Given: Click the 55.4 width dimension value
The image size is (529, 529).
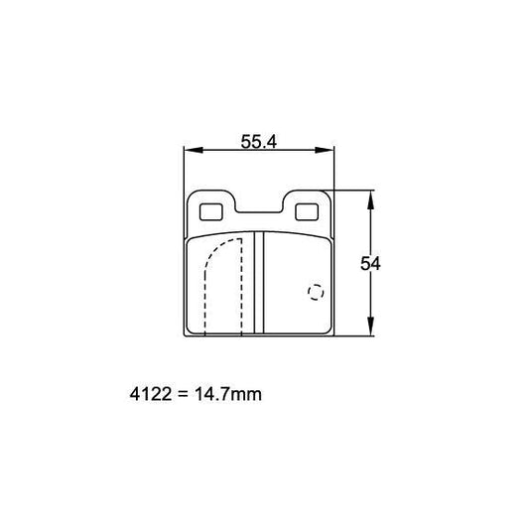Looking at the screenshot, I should point(258,142).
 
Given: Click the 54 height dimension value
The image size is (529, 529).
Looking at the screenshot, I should point(370,263).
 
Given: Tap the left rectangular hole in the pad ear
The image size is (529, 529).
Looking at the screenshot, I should point(210,211).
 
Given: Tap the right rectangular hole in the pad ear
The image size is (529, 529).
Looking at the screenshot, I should point(309,211).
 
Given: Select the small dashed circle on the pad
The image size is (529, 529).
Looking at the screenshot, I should point(316,292).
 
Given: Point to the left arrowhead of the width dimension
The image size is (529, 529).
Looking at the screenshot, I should point(193,151).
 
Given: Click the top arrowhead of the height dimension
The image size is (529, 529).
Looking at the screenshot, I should point(370,197).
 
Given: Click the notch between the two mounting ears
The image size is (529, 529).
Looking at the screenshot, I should point(260,209).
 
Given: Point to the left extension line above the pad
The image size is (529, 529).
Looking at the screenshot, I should point(186,169).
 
